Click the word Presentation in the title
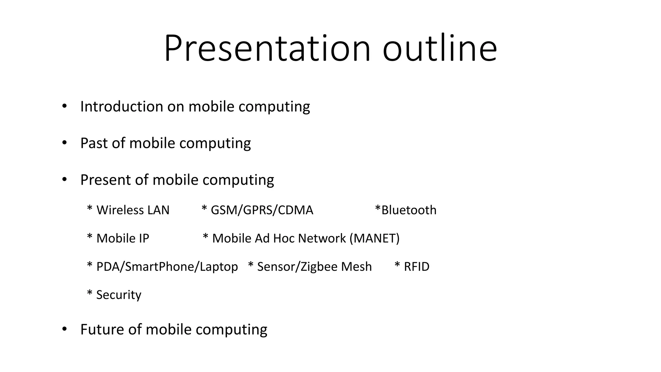pyautogui.click(x=267, y=48)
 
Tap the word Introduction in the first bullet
pyautogui.click(x=121, y=107)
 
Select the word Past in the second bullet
pyautogui.click(x=94, y=143)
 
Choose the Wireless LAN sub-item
pyautogui.click(x=133, y=210)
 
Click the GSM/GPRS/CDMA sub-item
pyautogui.click(x=262, y=210)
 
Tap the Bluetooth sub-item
pyautogui.click(x=409, y=210)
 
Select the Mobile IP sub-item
pyautogui.click(x=123, y=239)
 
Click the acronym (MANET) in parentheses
pyautogui.click(x=374, y=239)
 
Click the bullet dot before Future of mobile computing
pyautogui.click(x=64, y=329)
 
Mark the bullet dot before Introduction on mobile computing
pyautogui.click(x=64, y=106)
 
